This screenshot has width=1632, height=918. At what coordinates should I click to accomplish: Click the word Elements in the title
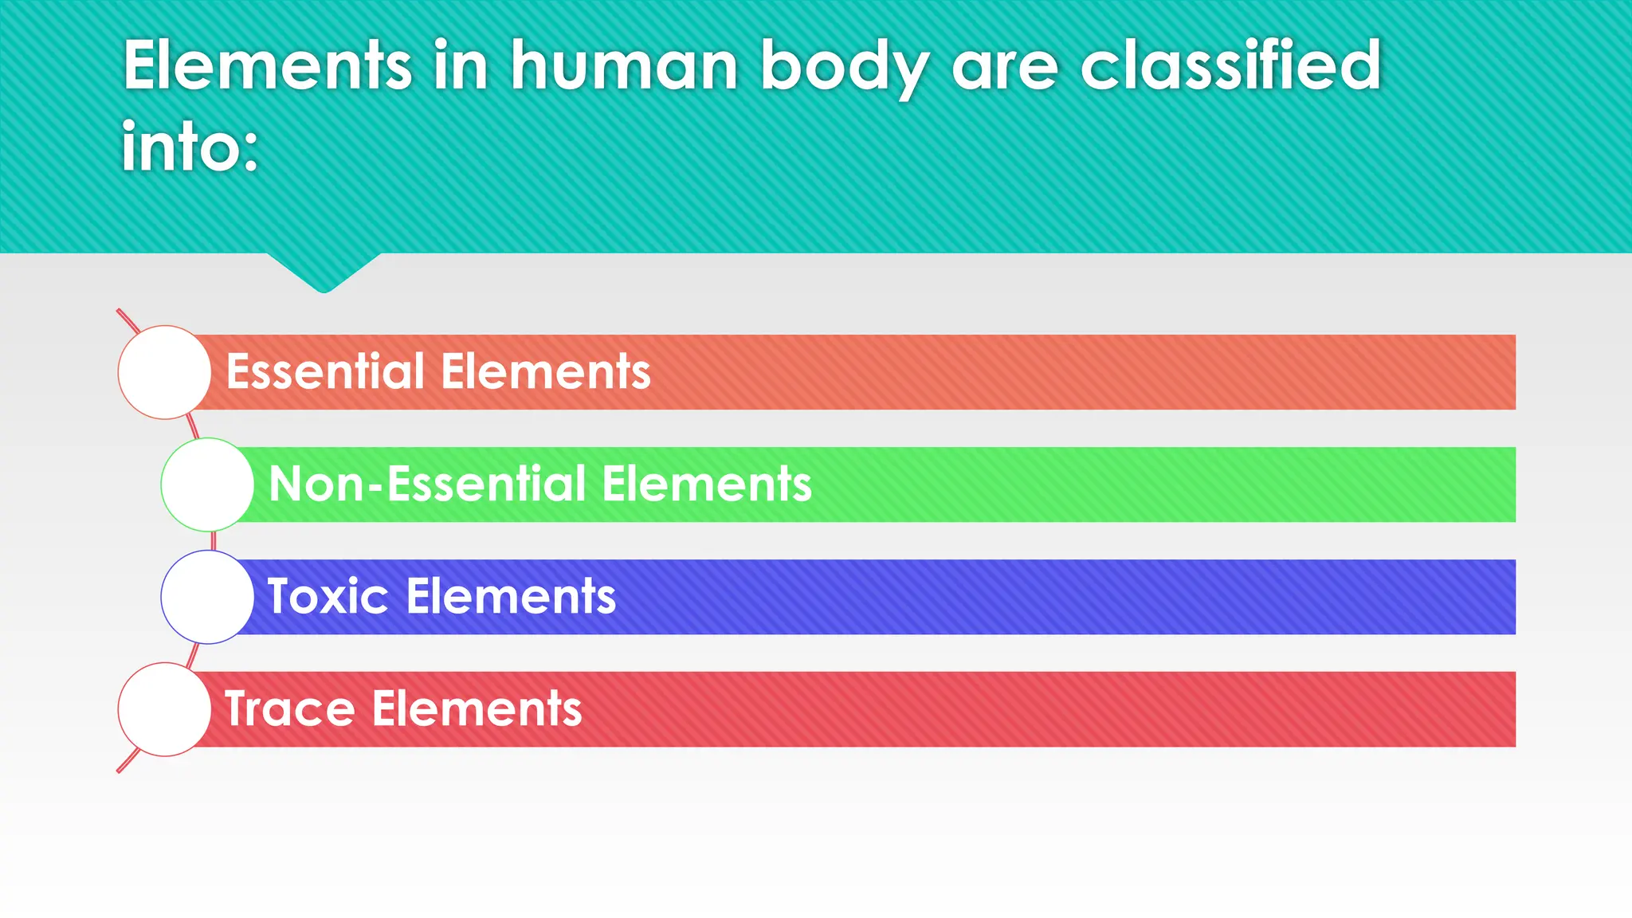point(267,65)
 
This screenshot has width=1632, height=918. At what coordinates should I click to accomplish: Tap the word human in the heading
point(624,65)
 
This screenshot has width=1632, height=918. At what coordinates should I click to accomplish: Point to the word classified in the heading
point(1230,65)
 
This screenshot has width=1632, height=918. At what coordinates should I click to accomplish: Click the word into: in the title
point(190,147)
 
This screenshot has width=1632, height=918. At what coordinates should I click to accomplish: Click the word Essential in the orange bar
point(325,371)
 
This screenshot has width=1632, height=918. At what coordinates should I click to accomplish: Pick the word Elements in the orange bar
point(546,371)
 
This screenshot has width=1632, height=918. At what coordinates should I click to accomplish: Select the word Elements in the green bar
point(707,484)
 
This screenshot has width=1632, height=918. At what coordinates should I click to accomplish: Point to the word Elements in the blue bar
point(511,596)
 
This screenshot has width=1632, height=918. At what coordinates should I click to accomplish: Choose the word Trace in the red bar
point(289,708)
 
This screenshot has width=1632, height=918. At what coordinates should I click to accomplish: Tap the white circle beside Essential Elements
point(164,372)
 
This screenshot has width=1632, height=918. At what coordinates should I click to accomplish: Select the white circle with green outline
point(207,484)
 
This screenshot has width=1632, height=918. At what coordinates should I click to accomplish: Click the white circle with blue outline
point(207,597)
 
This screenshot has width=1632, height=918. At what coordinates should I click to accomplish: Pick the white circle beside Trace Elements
point(164,709)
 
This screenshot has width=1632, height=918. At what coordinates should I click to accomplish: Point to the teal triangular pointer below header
point(324,271)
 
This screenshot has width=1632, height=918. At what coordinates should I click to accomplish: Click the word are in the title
point(1005,65)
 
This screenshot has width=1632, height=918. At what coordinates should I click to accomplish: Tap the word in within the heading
point(460,65)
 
